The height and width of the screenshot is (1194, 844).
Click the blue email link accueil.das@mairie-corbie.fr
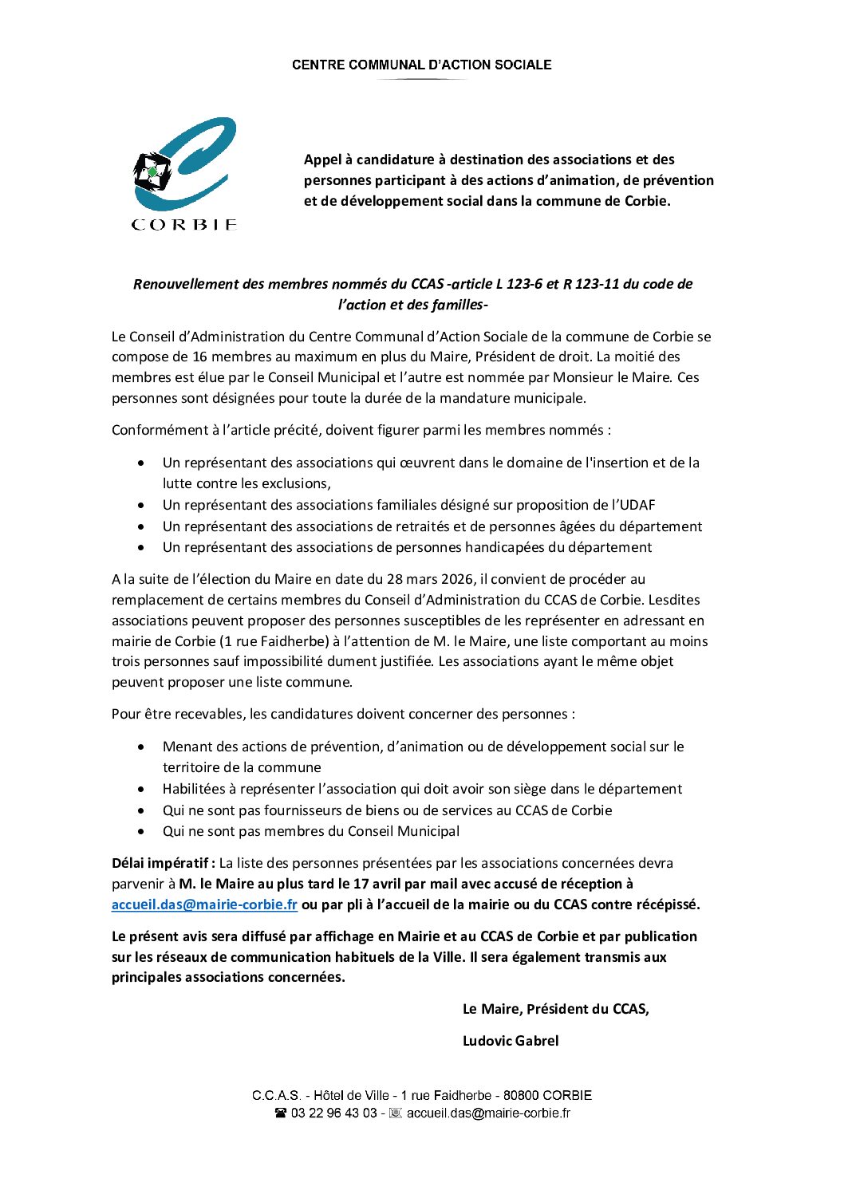coord(204,904)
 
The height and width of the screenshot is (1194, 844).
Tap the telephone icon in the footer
coord(281,1113)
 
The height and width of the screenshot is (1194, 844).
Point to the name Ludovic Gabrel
coord(511,1041)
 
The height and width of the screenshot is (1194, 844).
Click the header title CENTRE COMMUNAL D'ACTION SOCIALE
coord(421,65)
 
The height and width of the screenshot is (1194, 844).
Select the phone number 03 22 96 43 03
coord(333,1113)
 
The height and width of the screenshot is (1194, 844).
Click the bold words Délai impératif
coord(163,863)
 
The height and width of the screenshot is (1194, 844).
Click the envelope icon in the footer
coord(395,1113)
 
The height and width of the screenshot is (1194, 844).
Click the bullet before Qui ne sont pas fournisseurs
coord(141,810)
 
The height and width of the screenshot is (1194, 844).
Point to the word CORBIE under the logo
coord(184,225)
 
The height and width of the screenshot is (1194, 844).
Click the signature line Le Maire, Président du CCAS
coord(555,1009)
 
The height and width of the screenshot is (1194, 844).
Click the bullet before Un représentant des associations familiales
coord(141,505)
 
